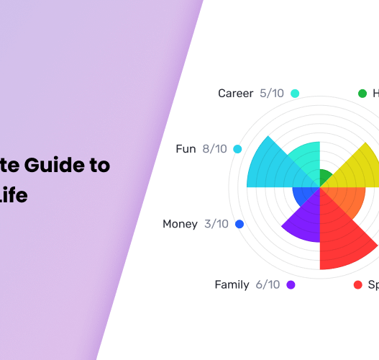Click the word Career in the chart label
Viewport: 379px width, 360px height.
click(x=235, y=94)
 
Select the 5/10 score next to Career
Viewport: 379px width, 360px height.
click(x=273, y=94)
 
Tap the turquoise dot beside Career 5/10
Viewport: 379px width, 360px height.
click(x=295, y=94)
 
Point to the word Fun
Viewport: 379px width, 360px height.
click(x=186, y=149)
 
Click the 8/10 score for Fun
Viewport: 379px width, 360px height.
click(x=214, y=149)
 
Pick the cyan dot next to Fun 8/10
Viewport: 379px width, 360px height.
click(x=237, y=149)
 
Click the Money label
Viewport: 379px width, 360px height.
click(x=180, y=224)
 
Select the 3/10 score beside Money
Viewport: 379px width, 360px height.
click(x=216, y=224)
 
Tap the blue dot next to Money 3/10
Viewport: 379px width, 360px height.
click(x=239, y=224)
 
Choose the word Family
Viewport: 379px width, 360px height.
click(x=232, y=284)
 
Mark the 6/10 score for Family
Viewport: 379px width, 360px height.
click(x=268, y=284)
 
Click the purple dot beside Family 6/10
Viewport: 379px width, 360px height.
click(x=291, y=284)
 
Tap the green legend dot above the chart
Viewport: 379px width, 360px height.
click(x=362, y=94)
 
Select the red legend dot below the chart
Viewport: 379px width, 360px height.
click(x=358, y=285)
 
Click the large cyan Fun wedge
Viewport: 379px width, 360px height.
click(x=270, y=166)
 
